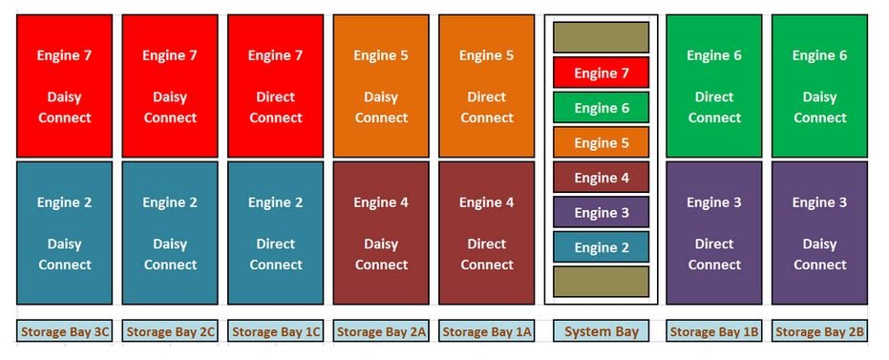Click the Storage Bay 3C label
click(x=65, y=331)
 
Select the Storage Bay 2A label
click(x=381, y=331)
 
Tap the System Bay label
click(x=601, y=331)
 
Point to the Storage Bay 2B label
click(x=819, y=331)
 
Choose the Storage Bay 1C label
click(x=276, y=331)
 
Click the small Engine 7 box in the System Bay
click(x=601, y=73)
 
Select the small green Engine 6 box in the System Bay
click(x=601, y=108)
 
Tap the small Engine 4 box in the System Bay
click(x=601, y=178)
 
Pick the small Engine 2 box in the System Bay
click(x=601, y=247)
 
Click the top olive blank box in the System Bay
click(x=601, y=37)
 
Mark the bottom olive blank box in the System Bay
click(x=601, y=282)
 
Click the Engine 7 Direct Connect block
click(x=276, y=86)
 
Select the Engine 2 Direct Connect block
click(x=276, y=233)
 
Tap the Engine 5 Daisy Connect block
click(x=381, y=86)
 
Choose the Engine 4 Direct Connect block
click(x=486, y=233)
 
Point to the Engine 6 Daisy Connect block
click(x=819, y=86)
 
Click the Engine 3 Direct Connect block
click(x=714, y=233)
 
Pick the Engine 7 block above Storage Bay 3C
click(x=65, y=86)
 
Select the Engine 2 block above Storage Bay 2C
click(x=170, y=233)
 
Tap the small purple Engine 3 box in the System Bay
click(x=601, y=212)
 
